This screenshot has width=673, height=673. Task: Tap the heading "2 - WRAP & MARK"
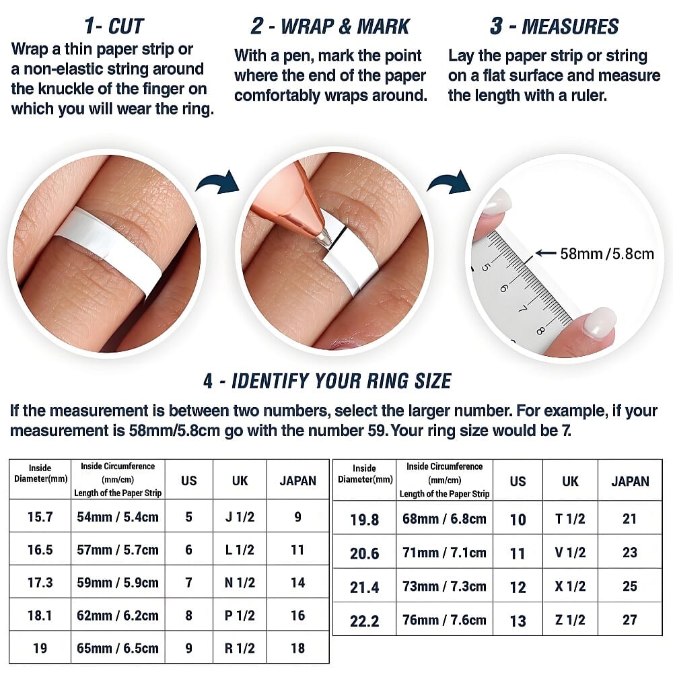point(330,26)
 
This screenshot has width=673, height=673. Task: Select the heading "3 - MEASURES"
point(554,26)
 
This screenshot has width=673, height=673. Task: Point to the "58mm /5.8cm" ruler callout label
point(607,254)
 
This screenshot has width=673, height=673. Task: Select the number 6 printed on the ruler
point(503,288)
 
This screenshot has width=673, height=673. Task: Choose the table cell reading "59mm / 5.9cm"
point(118,582)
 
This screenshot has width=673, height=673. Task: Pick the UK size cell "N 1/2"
point(240,582)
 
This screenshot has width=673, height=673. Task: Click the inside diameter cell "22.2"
point(364,621)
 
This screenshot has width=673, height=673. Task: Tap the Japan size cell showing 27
point(630,620)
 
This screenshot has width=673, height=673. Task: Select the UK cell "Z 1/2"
point(570,620)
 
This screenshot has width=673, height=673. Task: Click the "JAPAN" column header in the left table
point(298,481)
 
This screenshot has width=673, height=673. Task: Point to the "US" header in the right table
point(518,481)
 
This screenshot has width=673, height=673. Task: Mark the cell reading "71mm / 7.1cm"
point(444,553)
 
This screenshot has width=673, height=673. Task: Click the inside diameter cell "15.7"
point(40,517)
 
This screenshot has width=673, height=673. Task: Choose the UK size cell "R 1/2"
point(240,647)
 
